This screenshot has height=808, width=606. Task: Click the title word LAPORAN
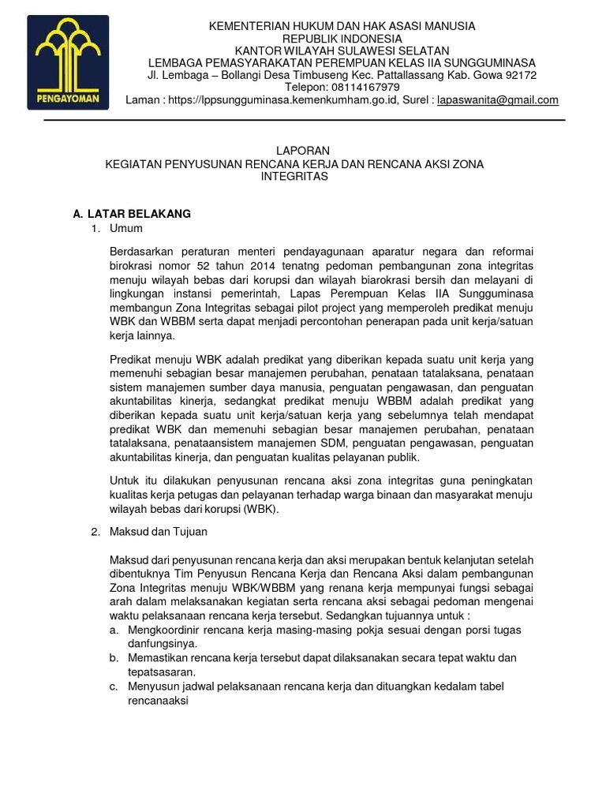click(x=303, y=151)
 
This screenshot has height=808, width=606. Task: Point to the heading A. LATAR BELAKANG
click(x=131, y=214)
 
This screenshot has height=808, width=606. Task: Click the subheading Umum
click(x=126, y=229)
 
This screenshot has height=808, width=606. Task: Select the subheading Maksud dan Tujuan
click(x=158, y=533)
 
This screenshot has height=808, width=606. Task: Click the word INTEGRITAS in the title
click(x=294, y=177)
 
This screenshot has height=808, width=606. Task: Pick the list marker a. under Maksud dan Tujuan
click(x=114, y=630)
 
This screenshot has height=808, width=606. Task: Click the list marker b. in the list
click(x=114, y=658)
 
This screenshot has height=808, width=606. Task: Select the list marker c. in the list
click(x=114, y=686)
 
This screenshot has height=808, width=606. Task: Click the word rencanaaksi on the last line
click(x=158, y=700)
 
